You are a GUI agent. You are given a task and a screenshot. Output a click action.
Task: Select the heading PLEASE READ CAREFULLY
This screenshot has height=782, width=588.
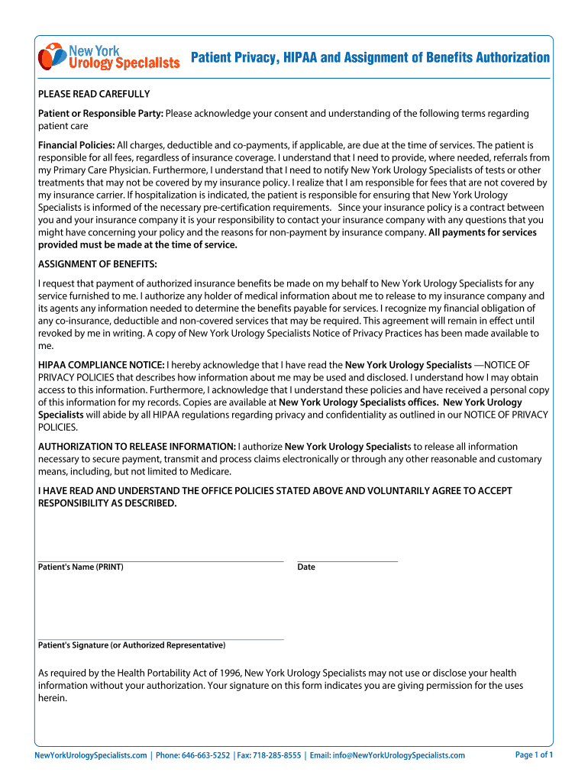pos(94,94)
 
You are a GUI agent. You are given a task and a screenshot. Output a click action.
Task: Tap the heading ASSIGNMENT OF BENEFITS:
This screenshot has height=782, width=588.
pos(98,263)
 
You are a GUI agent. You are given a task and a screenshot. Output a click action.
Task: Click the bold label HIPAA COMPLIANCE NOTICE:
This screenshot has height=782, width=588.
pos(101,365)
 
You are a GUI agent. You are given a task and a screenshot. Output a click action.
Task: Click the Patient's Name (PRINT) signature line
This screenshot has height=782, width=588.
pos(160,561)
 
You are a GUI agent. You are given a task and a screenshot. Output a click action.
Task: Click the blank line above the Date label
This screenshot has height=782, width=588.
pos(347,561)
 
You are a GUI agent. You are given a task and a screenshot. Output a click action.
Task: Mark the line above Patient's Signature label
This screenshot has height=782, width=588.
pos(160,638)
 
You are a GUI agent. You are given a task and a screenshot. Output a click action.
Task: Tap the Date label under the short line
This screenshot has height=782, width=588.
pos(306,567)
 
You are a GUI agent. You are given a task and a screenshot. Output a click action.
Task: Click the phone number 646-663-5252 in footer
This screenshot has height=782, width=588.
pos(205,755)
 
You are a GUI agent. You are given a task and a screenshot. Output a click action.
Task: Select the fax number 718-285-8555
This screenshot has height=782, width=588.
pos(276,755)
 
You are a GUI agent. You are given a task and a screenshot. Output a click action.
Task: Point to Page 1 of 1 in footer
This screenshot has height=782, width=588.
pos(534,755)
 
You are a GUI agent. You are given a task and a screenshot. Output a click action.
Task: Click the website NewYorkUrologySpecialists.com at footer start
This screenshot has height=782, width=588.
pos(91,755)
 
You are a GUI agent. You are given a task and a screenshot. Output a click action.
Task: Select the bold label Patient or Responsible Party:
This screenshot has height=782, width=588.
pos(101,113)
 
